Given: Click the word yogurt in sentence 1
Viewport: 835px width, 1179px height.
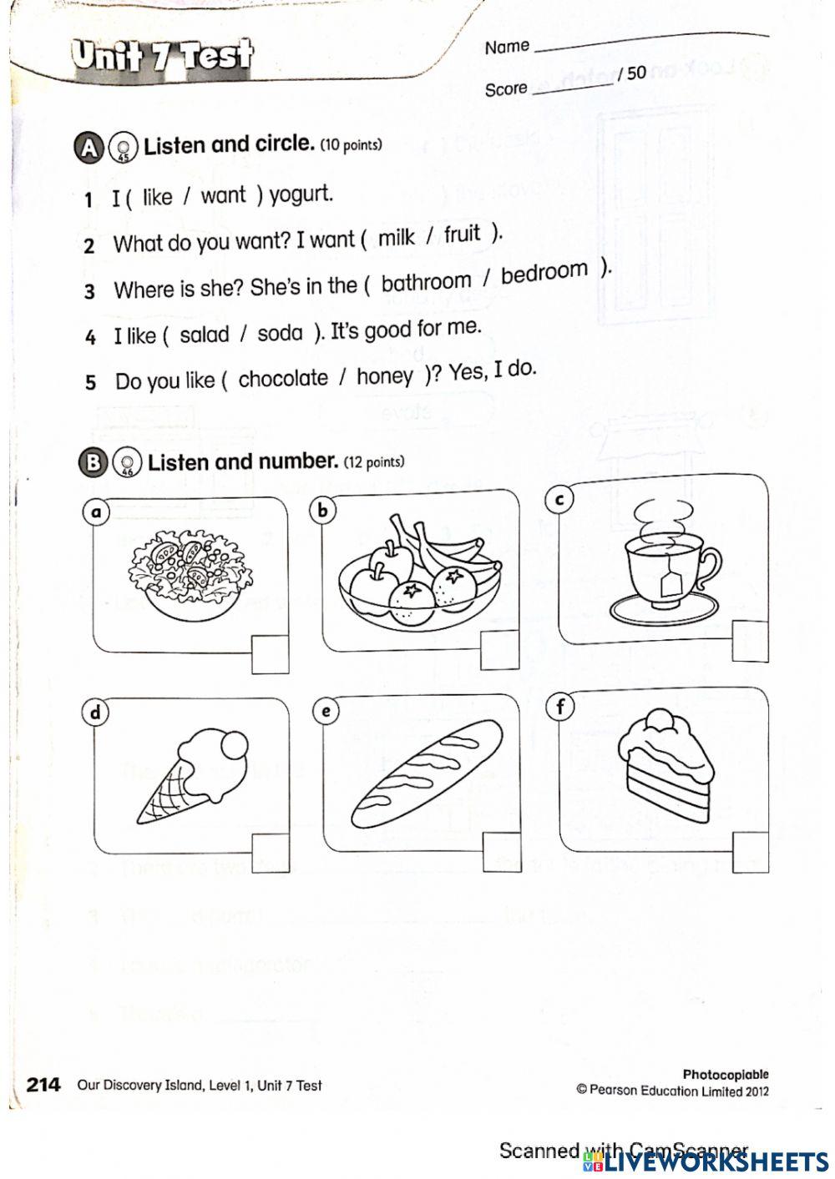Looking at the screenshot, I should click(301, 194).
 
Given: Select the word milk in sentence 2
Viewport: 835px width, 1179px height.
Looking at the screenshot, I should click(396, 238).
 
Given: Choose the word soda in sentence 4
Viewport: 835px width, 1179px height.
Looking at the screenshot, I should click(280, 334).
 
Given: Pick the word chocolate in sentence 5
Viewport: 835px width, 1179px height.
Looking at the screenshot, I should click(283, 379).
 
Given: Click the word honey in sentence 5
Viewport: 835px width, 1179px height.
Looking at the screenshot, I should click(384, 377).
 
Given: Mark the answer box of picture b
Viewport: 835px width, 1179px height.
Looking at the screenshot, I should click(499, 650).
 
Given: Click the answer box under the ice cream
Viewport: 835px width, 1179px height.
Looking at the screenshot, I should click(271, 852).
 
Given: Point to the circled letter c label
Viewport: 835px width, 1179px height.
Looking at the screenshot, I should click(559, 499).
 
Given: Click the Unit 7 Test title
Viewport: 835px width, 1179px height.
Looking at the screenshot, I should click(162, 57).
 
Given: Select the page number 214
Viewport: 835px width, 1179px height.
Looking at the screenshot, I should click(43, 1084).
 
